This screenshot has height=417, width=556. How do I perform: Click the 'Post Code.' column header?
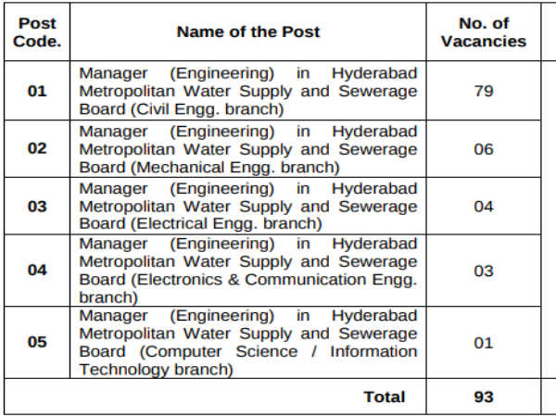coord(37,32)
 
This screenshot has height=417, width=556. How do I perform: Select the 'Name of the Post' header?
coord(248,32)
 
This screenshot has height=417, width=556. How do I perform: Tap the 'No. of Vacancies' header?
coord(483,32)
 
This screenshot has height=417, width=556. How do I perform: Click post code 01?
coord(37,92)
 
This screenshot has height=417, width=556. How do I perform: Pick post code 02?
coord(37,148)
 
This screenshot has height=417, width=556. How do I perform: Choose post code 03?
coord(37,206)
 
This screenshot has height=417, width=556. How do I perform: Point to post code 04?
coord(37,271)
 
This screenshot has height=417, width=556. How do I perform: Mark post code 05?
coord(37,342)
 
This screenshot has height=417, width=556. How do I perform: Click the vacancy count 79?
coord(483,92)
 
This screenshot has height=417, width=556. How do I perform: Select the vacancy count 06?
coord(483,148)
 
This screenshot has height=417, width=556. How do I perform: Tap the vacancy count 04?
coord(483,206)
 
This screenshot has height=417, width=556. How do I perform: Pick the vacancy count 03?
coord(483,271)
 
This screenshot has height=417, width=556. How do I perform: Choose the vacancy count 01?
coord(483,342)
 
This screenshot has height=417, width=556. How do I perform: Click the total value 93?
coord(483,397)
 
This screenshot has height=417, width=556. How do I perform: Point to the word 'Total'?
coord(384,397)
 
